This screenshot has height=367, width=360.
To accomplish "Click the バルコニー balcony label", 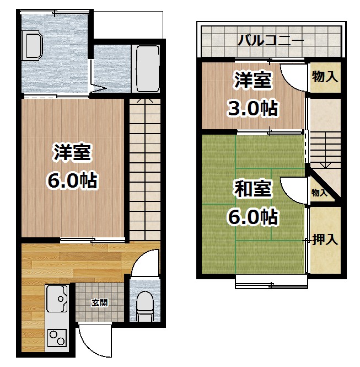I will pyautogui.click(x=271, y=40).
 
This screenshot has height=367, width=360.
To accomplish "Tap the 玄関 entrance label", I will pyautogui.click(x=99, y=302).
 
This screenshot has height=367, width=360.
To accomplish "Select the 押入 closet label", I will pyautogui.click(x=325, y=240).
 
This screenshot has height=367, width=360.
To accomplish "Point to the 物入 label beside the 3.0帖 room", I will pyautogui.click(x=324, y=77).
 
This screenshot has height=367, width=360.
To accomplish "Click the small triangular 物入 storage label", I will pyautogui.click(x=319, y=193).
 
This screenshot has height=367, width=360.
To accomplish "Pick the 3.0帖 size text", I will pyautogui.click(x=253, y=108).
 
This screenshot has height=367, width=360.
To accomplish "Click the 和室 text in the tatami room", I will pyautogui.click(x=253, y=189).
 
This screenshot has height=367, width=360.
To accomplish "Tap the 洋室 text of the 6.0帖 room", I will pyautogui.click(x=72, y=152).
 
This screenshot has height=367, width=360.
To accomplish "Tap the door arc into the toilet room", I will pyautogui.click(x=145, y=263).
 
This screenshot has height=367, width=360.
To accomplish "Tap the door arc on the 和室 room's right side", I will pyautogui.click(x=293, y=190).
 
